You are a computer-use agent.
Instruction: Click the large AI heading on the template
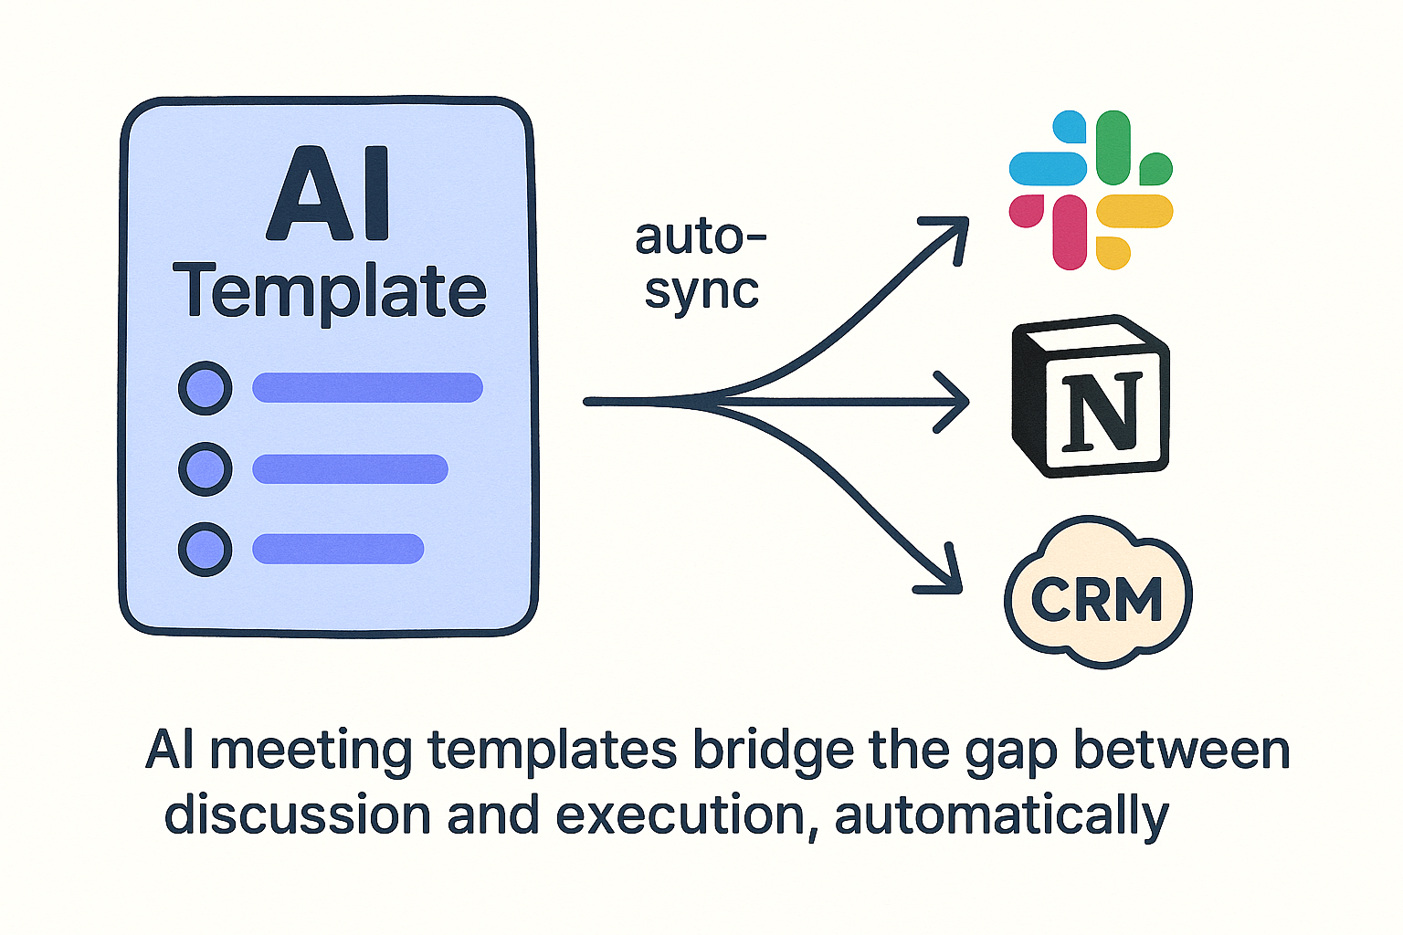[330, 194]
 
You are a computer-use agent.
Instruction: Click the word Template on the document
[330, 291]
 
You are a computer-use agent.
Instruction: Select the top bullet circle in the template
[205, 388]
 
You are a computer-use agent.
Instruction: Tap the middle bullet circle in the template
[205, 469]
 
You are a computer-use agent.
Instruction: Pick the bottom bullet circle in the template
[205, 549]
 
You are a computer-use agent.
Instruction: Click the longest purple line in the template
[367, 388]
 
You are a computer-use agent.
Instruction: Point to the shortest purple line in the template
[338, 549]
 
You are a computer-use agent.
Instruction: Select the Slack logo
[1091, 190]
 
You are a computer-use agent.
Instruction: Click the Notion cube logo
[1091, 397]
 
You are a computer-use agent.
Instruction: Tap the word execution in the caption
[681, 814]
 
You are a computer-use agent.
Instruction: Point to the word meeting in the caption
[311, 751]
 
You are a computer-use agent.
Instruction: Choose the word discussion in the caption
[297, 814]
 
